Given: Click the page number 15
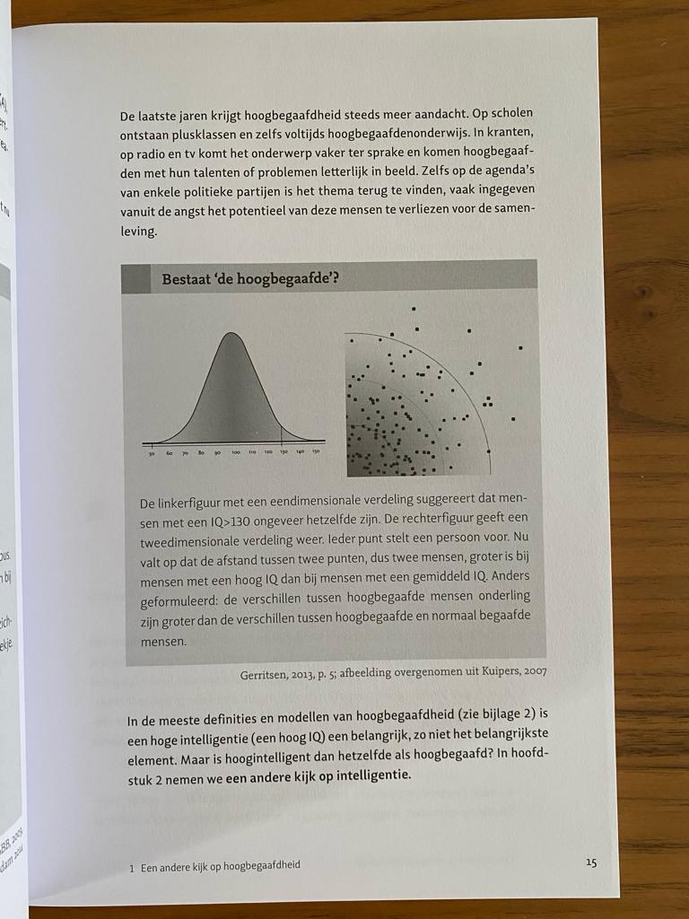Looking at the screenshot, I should click(x=590, y=862).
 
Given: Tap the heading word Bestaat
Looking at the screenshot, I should click(x=189, y=279).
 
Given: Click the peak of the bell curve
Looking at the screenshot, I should click(x=231, y=334).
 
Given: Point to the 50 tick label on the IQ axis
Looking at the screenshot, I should click(x=153, y=453).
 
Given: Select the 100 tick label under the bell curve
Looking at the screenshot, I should click(x=236, y=453).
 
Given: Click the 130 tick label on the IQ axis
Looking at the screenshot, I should click(x=283, y=453).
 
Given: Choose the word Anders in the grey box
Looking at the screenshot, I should click(x=508, y=576).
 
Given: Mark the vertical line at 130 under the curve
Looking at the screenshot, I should click(x=283, y=434).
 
